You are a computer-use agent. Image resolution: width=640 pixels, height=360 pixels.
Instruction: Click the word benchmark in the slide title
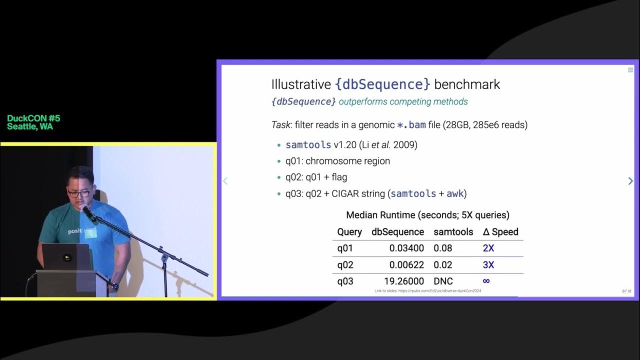point(467,84)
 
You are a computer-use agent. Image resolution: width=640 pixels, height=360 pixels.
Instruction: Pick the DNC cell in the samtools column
point(443,281)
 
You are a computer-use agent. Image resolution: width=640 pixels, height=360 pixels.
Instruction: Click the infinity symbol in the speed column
point(486,281)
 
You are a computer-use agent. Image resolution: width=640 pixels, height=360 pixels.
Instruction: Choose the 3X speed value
point(488,264)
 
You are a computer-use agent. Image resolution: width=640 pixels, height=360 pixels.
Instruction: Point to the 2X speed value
point(488,248)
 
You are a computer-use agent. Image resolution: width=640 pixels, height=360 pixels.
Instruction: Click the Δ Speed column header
point(500,231)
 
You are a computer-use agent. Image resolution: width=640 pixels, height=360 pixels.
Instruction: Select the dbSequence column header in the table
point(397,231)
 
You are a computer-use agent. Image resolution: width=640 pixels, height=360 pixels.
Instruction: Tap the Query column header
point(349,231)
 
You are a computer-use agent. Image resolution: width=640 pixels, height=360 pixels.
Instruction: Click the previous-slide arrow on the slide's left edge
point(225,181)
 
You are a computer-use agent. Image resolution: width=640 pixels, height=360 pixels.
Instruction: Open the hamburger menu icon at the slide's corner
point(630,70)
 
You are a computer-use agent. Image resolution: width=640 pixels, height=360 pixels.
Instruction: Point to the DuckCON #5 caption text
point(33,118)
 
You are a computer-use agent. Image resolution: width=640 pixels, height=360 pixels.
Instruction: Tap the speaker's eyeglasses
point(79,192)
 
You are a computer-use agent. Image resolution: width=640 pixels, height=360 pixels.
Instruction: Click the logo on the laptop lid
point(66,258)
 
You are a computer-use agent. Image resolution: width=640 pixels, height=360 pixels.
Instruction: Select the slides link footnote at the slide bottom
point(427,291)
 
